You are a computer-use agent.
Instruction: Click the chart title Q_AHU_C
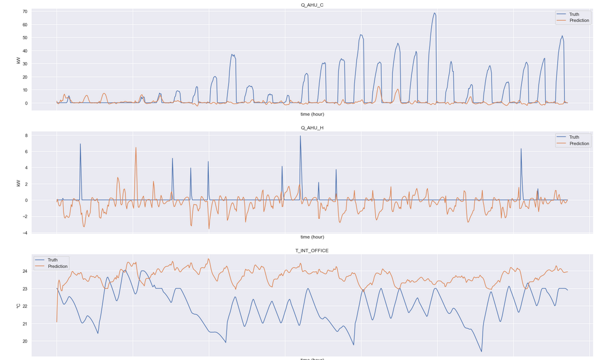[x=312, y=5]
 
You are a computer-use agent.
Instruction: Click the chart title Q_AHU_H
[x=312, y=128]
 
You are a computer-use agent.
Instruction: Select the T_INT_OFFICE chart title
[x=312, y=250]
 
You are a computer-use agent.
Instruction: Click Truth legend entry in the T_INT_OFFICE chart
[x=52, y=260]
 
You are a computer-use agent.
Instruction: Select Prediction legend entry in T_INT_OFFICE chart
[x=57, y=267]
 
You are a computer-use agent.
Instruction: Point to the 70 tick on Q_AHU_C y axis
[x=25, y=11]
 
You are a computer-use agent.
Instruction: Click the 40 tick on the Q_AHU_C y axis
[x=25, y=51]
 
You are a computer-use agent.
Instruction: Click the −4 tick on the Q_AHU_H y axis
[x=26, y=233]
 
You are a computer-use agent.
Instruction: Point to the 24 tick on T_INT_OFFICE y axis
[x=25, y=271]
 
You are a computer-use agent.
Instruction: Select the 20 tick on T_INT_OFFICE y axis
[x=25, y=341]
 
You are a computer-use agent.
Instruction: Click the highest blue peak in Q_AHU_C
[x=435, y=13]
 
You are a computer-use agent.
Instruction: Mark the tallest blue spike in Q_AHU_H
[x=300, y=136]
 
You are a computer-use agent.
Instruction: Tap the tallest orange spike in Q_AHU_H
[x=136, y=147]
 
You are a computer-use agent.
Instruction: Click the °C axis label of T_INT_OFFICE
[x=19, y=306]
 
